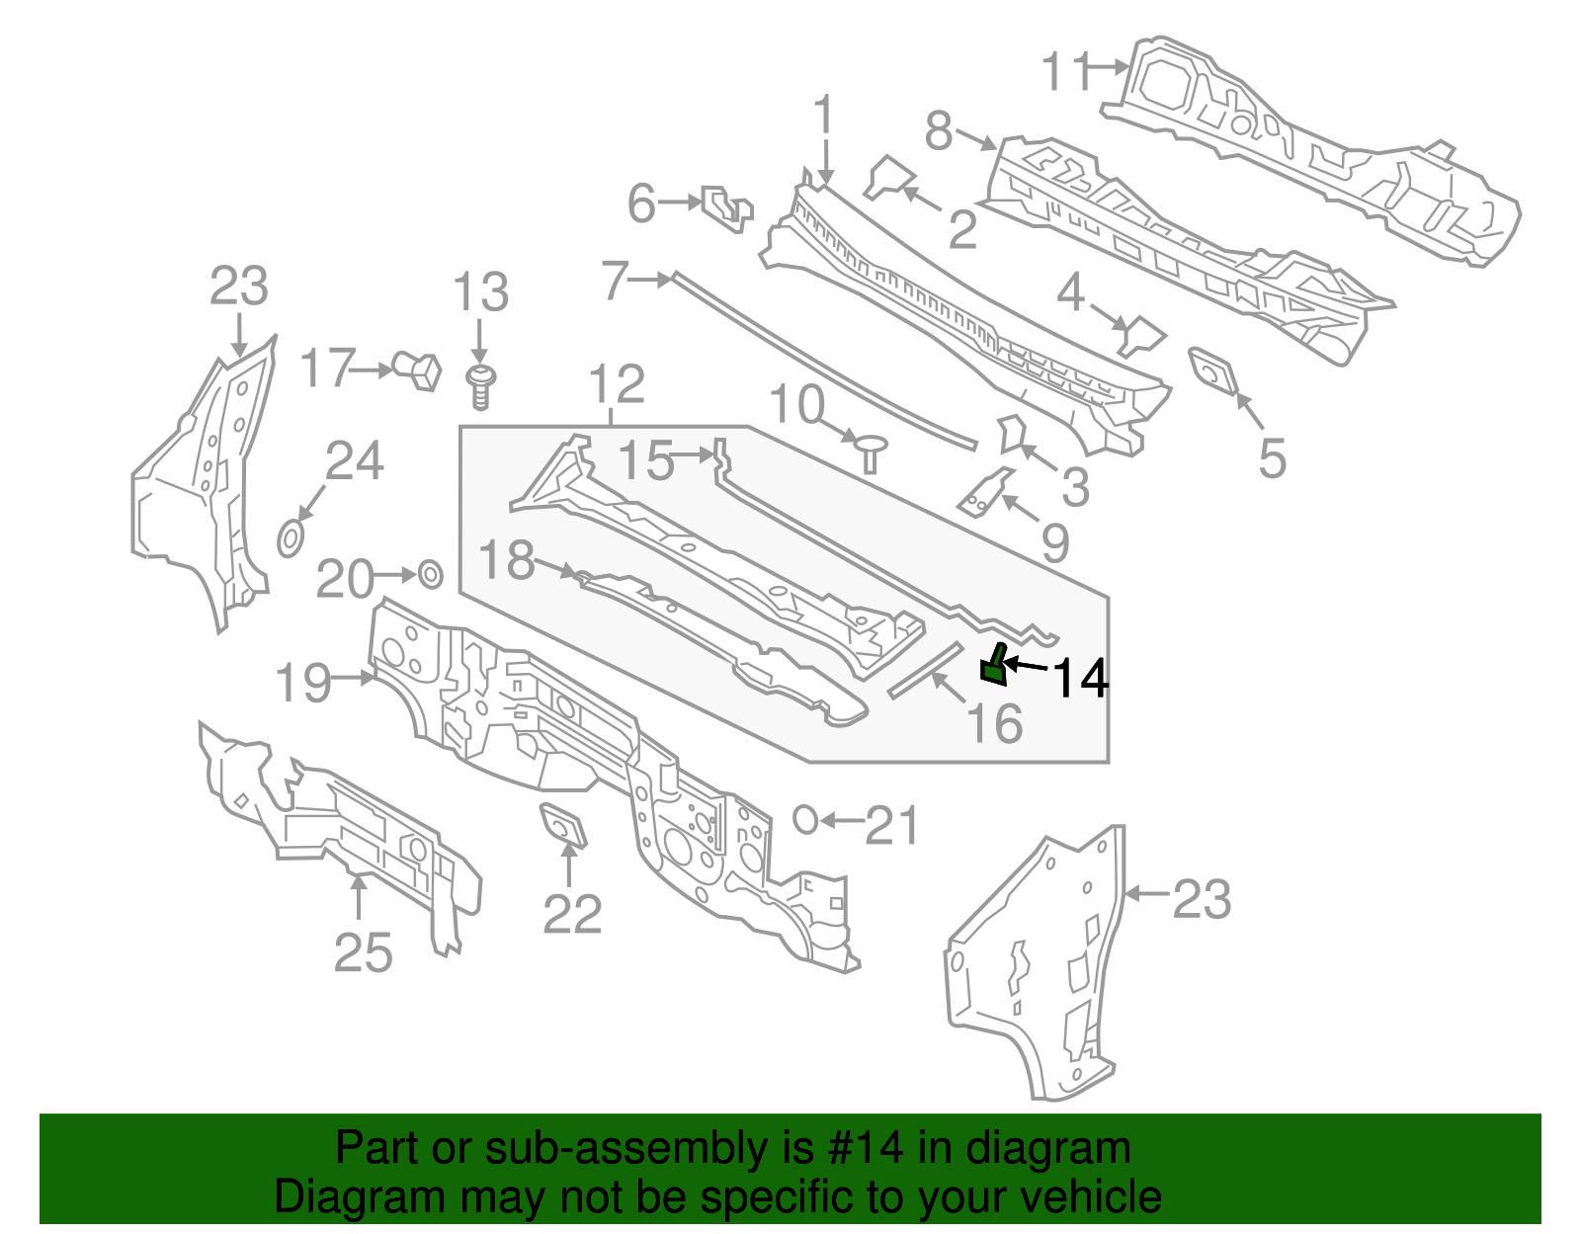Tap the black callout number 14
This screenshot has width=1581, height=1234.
pos(1080,679)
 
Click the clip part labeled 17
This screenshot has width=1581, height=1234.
pos(417,370)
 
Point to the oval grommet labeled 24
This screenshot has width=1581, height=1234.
pos(290,539)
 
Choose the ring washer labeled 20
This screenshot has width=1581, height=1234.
pos(431,574)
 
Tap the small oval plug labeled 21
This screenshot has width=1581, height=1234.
pos(805,819)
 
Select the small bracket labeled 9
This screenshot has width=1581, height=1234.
pos(984,491)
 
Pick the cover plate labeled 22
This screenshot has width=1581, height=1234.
pos(562,826)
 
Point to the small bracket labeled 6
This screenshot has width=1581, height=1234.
pos(726,207)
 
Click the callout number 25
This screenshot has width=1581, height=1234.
pos(363,952)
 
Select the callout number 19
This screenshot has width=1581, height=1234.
pos(303,683)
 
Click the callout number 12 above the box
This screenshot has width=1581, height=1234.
pos(617,384)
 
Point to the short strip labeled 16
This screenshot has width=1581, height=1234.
pos(925,670)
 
